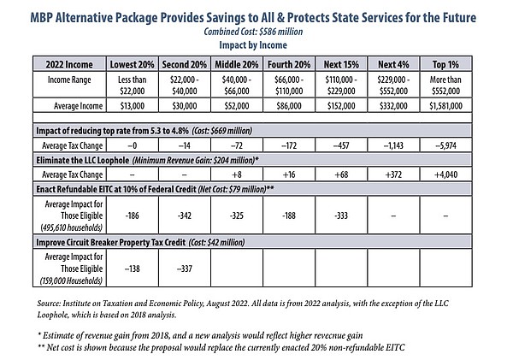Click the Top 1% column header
(445, 64)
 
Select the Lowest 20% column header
(133, 64)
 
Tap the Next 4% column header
(393, 64)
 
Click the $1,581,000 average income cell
(445, 106)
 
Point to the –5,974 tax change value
(445, 145)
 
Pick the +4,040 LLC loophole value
(445, 174)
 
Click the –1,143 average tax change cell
(393, 145)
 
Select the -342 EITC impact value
(185, 215)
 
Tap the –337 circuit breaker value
(185, 269)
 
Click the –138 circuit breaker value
(133, 269)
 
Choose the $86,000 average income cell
(289, 106)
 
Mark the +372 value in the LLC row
(393, 174)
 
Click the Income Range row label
(69, 80)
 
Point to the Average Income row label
(78, 106)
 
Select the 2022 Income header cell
(69, 64)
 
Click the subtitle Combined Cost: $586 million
(253, 32)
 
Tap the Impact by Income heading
(253, 44)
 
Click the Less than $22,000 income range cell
(133, 86)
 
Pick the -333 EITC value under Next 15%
(341, 215)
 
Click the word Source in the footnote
(49, 304)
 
